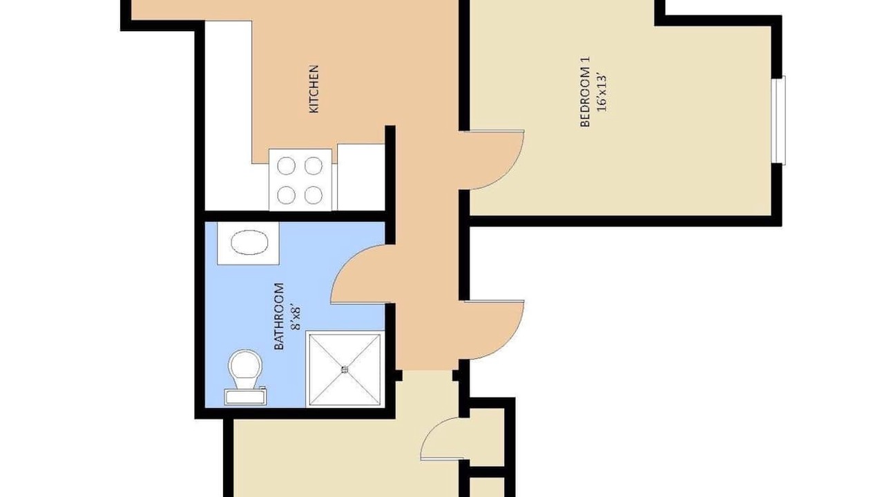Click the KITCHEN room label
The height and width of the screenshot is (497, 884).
pos(314,89)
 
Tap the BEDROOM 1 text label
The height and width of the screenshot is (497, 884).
pos(586,92)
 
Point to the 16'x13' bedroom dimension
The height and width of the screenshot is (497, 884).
pos(602,92)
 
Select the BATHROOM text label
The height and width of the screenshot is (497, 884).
pos(279,316)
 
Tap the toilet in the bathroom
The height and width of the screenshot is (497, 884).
pos(245,377)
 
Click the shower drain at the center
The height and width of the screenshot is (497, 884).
pos(345,369)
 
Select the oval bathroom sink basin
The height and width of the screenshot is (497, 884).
pos(249,244)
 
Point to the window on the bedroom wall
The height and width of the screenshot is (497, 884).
pos(779,120)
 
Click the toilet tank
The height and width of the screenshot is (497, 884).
pos(245,396)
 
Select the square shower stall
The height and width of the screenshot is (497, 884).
pos(345,369)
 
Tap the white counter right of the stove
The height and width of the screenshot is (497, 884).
pos(361,177)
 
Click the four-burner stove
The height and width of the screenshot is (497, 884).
pos(300,180)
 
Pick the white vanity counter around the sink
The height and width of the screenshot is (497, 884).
pos(248,244)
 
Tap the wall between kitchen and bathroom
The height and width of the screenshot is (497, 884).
pos(295,216)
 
